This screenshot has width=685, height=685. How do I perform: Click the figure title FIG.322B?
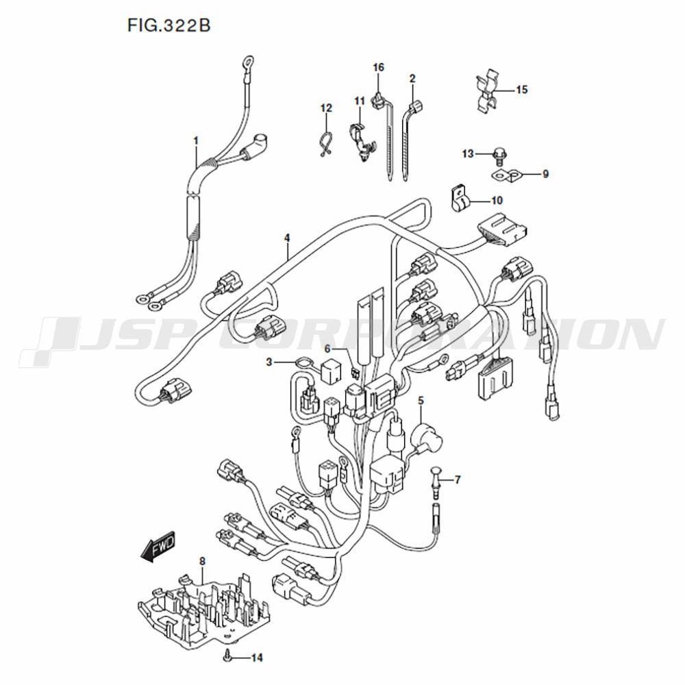tap(169, 25)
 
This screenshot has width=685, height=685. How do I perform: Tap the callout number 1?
tap(196, 140)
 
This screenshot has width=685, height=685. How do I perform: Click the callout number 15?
tap(521, 90)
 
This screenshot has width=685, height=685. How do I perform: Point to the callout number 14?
tap(258, 657)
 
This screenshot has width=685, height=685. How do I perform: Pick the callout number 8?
tap(202, 561)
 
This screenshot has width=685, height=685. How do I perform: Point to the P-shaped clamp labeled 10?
tap(459, 199)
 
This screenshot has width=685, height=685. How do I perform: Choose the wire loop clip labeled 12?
tap(325, 144)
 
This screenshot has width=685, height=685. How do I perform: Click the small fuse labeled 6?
tap(355, 373)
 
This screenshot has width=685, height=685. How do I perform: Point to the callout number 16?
tap(378, 67)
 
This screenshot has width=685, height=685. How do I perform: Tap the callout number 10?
tap(497, 200)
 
